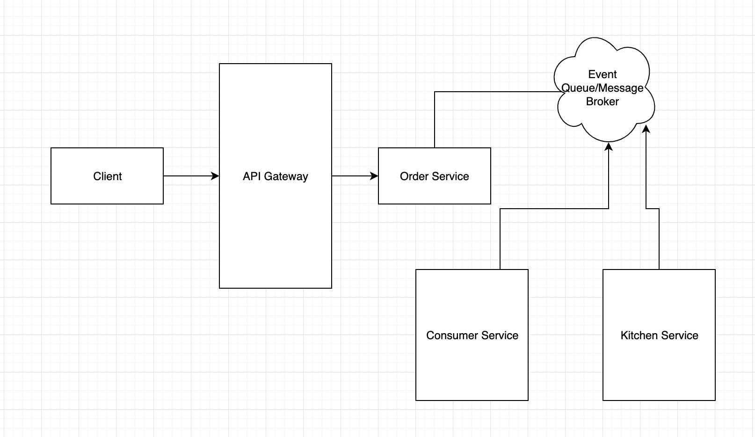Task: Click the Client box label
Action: [x=107, y=176]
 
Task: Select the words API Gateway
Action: [x=275, y=176]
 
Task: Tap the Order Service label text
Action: [x=434, y=176]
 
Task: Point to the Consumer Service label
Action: [x=472, y=335]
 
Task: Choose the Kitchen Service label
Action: [x=659, y=335]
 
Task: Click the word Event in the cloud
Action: [x=603, y=74]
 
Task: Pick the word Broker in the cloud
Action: [x=603, y=102]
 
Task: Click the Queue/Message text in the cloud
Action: [x=603, y=88]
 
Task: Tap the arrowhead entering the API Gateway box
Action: [x=216, y=176]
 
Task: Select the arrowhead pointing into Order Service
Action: [x=375, y=176]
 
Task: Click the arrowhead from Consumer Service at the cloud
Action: [x=609, y=146]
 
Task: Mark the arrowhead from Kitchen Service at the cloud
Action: [x=646, y=128]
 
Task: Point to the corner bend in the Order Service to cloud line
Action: [x=435, y=92]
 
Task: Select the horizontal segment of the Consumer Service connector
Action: [x=554, y=209]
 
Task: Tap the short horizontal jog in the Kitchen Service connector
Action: [x=653, y=209]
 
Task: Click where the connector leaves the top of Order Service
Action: [x=435, y=147]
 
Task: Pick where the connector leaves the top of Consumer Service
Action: [x=500, y=269]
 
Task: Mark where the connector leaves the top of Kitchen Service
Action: [x=659, y=269]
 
